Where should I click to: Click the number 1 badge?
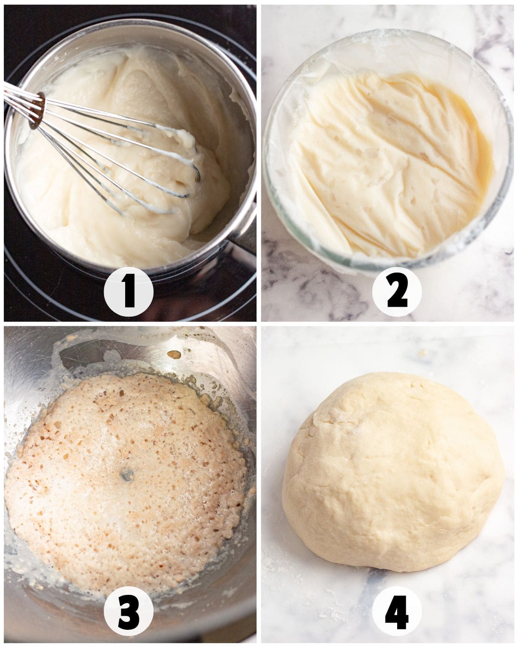129,292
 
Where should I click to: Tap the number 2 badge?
397,292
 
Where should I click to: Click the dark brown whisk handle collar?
37,111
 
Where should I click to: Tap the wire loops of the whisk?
120,156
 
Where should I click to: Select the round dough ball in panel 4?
393,473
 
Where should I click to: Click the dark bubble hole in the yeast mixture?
127,475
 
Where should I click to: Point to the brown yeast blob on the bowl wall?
174,355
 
